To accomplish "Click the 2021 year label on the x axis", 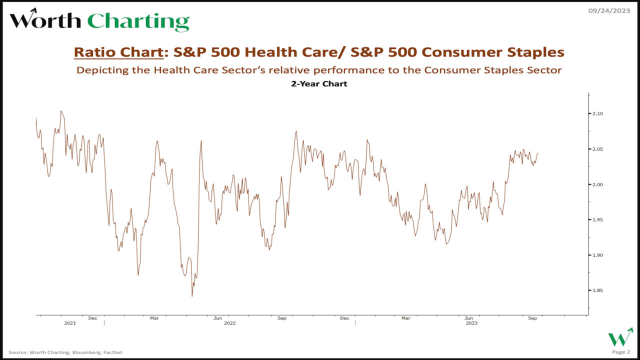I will click(70, 323).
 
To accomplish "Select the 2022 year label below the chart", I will click(229, 323).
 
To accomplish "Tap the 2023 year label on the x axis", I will click(471, 323).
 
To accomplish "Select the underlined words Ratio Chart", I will click(118, 52).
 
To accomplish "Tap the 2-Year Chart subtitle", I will click(319, 84).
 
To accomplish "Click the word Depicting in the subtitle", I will click(101, 70).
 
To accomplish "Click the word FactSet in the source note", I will click(112, 352).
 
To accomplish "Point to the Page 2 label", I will click(621, 352).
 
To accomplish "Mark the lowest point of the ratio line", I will click(192, 296).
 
